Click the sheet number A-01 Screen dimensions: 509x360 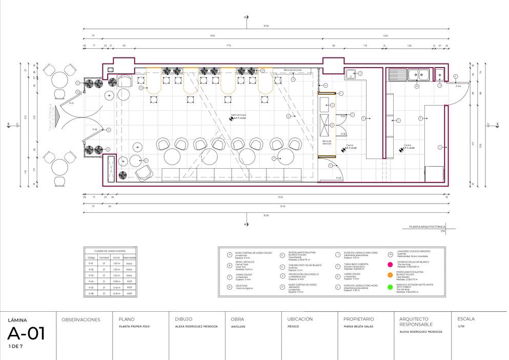(x=26, y=334)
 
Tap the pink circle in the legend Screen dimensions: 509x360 (x=390, y=265)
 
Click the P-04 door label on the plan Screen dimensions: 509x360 (x=459, y=86)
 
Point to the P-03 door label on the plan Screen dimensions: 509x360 (x=339, y=177)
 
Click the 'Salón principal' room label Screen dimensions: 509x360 (x=238, y=115)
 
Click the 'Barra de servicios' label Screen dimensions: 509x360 (x=294, y=70)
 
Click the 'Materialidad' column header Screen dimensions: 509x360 (x=130, y=257)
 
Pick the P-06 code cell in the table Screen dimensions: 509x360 (x=91, y=294)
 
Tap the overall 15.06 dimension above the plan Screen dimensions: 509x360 (x=266, y=26)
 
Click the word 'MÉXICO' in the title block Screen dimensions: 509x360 (x=293, y=326)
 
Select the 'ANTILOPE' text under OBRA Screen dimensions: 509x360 (x=238, y=326)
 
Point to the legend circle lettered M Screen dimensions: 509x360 (x=391, y=254)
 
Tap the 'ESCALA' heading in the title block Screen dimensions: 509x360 (x=465, y=319)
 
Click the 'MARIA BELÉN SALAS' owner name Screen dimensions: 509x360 (x=358, y=326)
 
